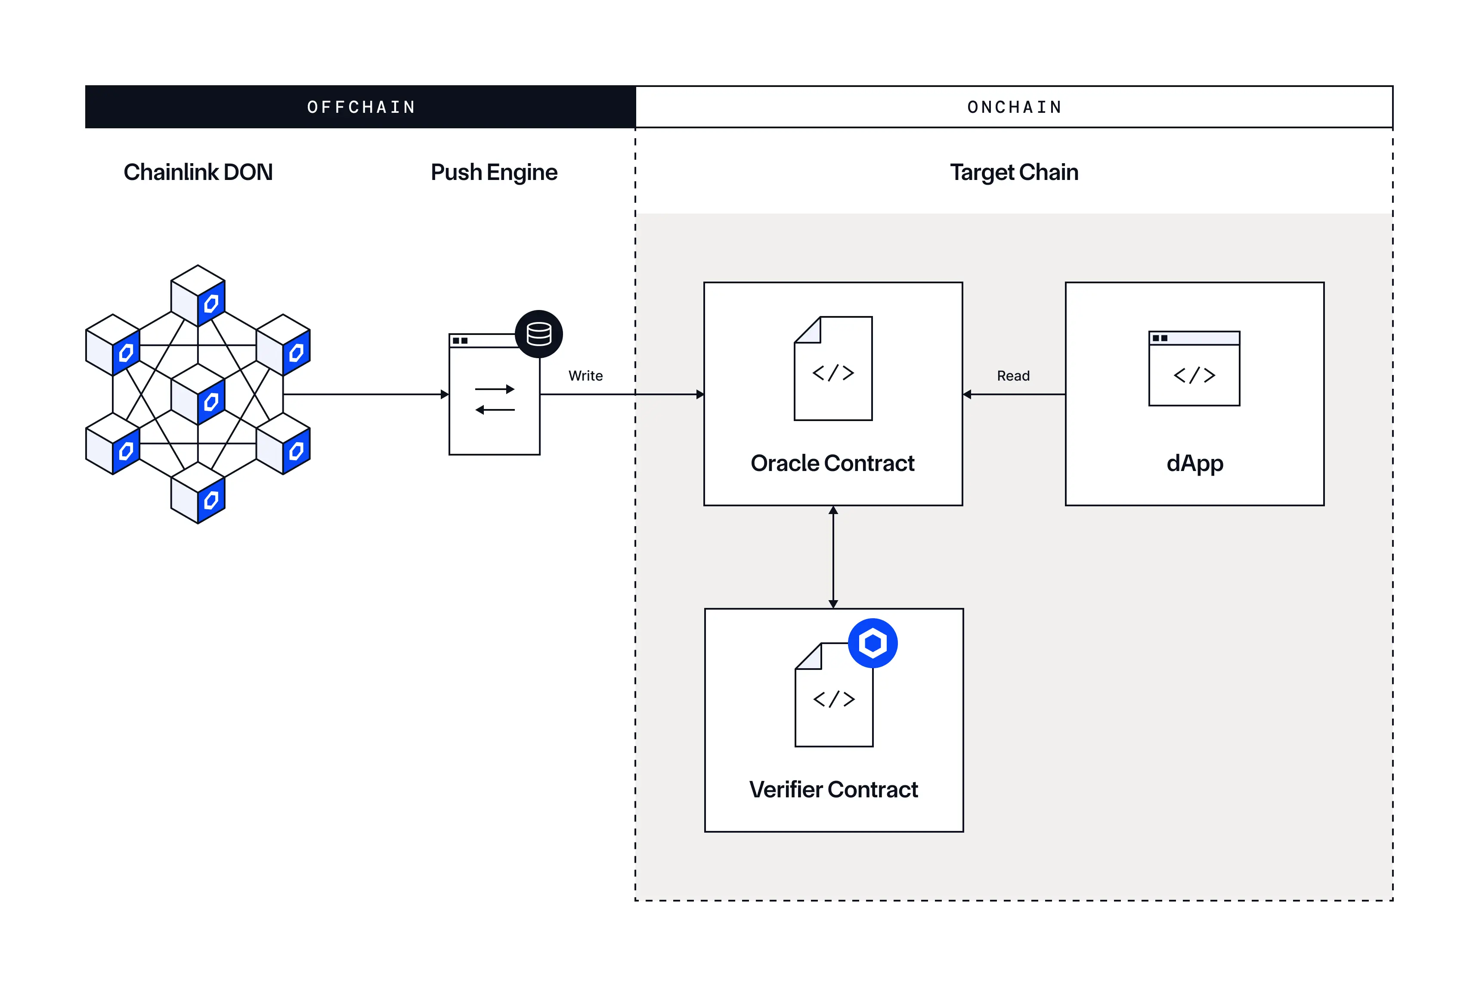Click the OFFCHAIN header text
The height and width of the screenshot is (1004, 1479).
[361, 107]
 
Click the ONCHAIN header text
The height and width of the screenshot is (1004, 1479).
[1015, 107]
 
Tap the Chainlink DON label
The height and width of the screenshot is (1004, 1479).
[198, 172]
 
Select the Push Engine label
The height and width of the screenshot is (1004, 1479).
[494, 172]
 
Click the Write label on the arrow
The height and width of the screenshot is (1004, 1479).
[585, 375]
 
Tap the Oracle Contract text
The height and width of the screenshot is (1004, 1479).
[832, 463]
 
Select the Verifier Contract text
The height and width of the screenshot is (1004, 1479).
[834, 790]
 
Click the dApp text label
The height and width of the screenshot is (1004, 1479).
[1194, 463]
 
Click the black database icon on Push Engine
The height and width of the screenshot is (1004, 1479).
[539, 334]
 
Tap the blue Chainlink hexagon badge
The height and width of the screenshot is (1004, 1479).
[873, 643]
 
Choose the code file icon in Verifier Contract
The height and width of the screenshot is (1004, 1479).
[834, 697]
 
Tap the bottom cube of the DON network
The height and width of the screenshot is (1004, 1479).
[198, 493]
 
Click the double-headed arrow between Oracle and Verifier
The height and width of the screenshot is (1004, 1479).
[833, 557]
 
